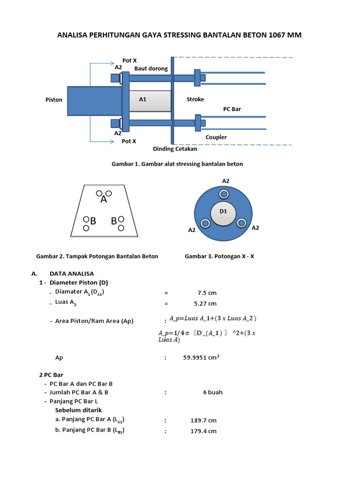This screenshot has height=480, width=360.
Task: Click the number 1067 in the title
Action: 278,35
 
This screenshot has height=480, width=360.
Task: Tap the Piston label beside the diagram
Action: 54,100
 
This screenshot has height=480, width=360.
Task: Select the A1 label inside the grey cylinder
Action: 143,99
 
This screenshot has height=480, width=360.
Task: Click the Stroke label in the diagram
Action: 195,99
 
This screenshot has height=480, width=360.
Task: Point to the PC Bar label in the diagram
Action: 232,109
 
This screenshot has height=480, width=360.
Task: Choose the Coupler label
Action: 216,137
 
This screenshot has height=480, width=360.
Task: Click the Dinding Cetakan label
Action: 175,150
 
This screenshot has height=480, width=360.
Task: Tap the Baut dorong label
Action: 151,68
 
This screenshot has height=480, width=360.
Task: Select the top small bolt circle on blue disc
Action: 224,194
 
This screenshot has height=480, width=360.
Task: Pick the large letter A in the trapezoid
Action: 104,199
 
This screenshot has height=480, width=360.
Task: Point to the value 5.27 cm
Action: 206,303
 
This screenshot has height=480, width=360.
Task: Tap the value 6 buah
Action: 213,392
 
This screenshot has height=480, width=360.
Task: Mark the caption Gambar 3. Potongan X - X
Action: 220,256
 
